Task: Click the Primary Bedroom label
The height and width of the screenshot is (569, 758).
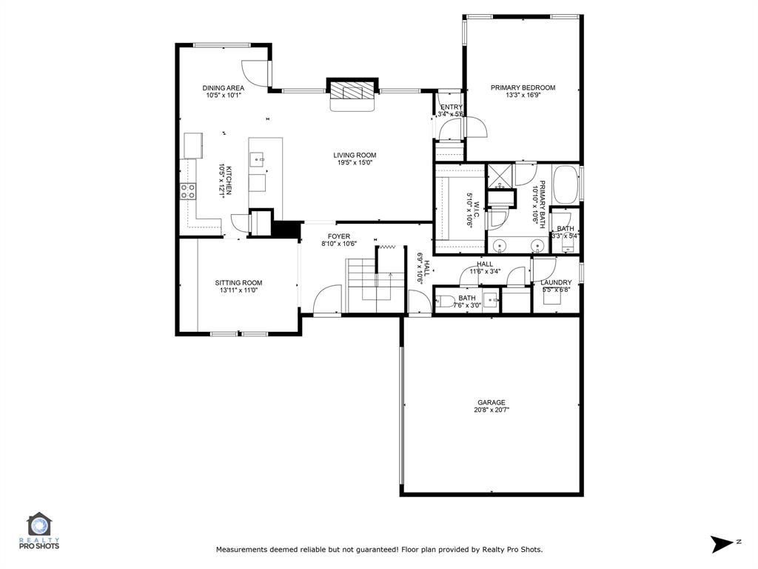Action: tap(523, 87)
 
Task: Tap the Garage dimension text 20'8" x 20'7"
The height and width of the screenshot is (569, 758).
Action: tap(492, 410)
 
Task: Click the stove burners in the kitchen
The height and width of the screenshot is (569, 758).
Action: tap(188, 191)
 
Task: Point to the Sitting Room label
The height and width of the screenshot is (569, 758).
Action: tap(238, 282)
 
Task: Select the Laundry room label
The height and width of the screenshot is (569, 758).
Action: tap(555, 282)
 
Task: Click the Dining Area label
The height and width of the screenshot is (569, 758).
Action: tap(223, 87)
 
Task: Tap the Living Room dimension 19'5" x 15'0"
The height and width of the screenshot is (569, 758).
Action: tap(355, 162)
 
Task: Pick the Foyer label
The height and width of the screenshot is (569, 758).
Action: tap(339, 236)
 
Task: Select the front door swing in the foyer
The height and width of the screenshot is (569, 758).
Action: tap(326, 300)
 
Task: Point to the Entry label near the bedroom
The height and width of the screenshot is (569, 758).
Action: tap(451, 107)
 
